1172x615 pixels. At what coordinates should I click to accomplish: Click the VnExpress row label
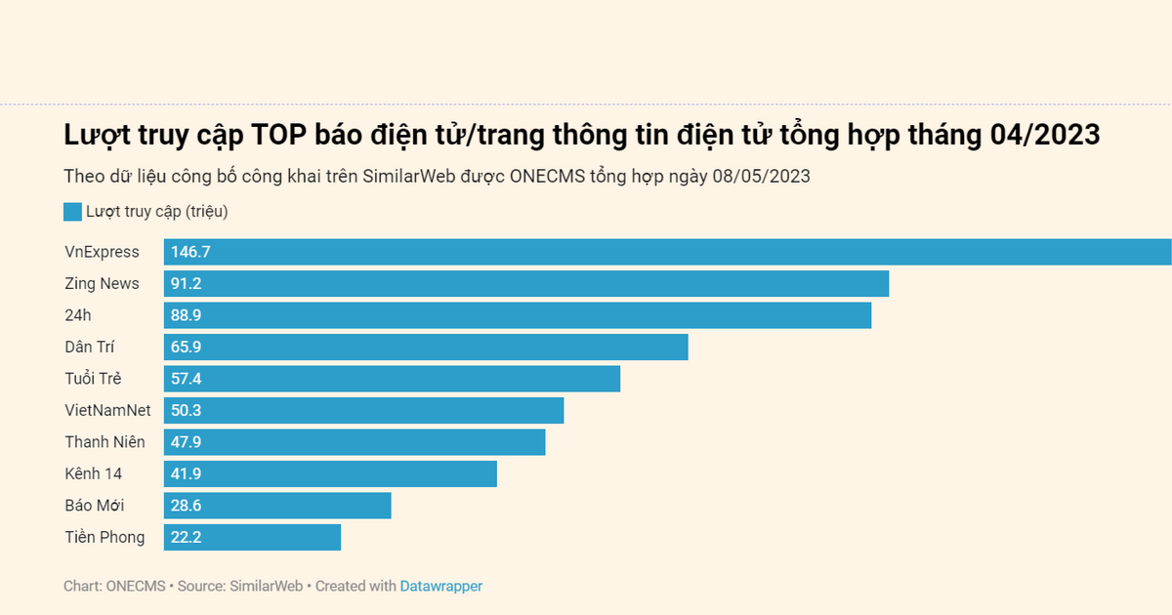pyautogui.click(x=102, y=252)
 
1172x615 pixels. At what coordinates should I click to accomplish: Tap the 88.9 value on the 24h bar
pyautogui.click(x=187, y=315)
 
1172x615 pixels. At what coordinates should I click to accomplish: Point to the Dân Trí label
pyautogui.click(x=90, y=347)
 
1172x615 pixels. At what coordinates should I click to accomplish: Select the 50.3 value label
pyautogui.click(x=187, y=410)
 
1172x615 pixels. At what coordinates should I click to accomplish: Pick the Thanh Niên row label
pyautogui.click(x=105, y=442)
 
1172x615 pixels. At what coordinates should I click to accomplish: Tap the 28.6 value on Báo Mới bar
pyautogui.click(x=187, y=506)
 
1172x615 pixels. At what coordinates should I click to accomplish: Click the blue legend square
pyautogui.click(x=72, y=212)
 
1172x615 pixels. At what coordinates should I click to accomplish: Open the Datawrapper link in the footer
pyautogui.click(x=440, y=586)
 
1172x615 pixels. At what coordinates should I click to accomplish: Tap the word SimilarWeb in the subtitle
pyautogui.click(x=407, y=177)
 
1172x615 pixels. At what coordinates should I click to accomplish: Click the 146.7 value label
pyautogui.click(x=190, y=252)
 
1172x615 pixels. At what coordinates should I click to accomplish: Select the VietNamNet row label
pyautogui.click(x=107, y=410)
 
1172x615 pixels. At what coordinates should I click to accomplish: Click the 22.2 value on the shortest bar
pyautogui.click(x=187, y=537)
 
